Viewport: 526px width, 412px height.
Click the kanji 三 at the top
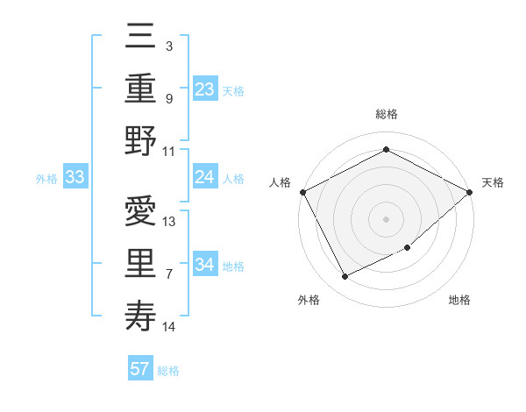coord(141,39)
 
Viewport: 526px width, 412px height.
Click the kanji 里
coord(141,264)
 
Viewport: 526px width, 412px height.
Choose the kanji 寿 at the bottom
coord(141,316)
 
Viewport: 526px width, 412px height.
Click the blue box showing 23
coord(205,89)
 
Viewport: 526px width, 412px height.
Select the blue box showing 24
coord(205,177)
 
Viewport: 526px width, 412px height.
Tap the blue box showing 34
coord(205,264)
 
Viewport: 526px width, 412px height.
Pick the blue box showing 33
coord(75,178)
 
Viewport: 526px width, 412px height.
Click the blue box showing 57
coord(140,369)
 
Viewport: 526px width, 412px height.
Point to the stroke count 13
coord(170,222)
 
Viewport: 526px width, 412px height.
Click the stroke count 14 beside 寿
coord(169,327)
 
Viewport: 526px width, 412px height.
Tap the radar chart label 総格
coord(386,115)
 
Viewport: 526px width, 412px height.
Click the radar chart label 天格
coord(493,182)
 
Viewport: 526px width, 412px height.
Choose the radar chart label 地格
coord(459,300)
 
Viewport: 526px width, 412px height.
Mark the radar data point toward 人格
coord(302,192)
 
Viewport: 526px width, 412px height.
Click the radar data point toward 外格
coord(345,277)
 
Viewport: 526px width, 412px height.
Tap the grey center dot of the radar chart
coord(386,218)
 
